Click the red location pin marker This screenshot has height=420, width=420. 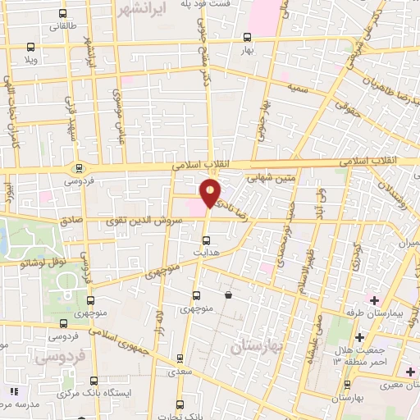[x=211, y=194]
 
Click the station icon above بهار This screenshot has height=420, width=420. [x=247, y=38]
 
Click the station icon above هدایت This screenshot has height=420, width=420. [x=206, y=241]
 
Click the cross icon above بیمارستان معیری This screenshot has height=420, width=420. [x=410, y=372]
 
